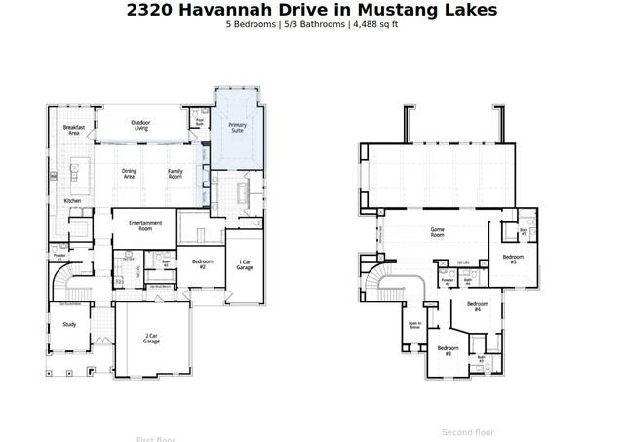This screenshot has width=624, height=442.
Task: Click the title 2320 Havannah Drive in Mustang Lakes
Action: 312,10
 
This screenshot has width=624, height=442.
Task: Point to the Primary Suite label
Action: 238,127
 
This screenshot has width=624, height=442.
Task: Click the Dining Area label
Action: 130,174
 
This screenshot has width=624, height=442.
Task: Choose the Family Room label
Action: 175,174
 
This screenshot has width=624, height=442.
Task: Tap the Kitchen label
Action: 72,200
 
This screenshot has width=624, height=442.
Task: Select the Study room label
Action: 69,324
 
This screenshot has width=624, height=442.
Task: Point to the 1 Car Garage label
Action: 245,264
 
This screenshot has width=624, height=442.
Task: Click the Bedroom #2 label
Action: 203,264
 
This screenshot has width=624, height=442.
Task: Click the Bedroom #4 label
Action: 477,306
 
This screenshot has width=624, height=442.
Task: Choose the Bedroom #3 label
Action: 448,350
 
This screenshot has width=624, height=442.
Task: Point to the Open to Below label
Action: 414,326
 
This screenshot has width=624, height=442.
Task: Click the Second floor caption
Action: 468,431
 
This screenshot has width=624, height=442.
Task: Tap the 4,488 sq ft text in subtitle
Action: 374,24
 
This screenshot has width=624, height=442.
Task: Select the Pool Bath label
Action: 199,123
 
